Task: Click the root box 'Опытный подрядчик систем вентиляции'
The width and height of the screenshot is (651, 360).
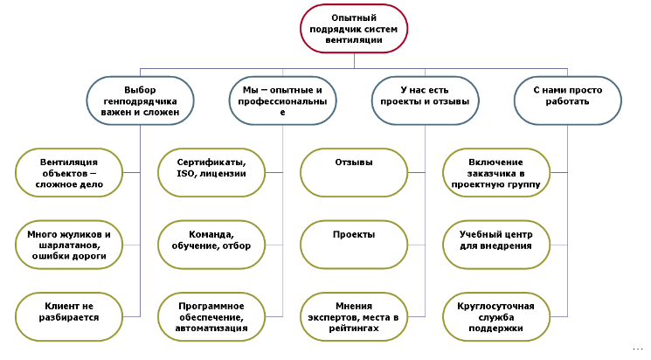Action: (x=353, y=30)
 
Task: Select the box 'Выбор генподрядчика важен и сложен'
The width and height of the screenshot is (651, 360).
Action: (x=140, y=100)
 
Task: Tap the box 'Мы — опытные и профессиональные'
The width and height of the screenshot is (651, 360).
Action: (x=282, y=101)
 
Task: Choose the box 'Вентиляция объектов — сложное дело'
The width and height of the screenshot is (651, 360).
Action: (x=69, y=173)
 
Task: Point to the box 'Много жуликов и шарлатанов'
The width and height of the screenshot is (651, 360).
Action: (x=69, y=246)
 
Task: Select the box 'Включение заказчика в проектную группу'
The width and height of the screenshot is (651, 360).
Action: (x=495, y=173)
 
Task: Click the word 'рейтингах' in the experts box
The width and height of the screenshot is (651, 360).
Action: (x=353, y=328)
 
